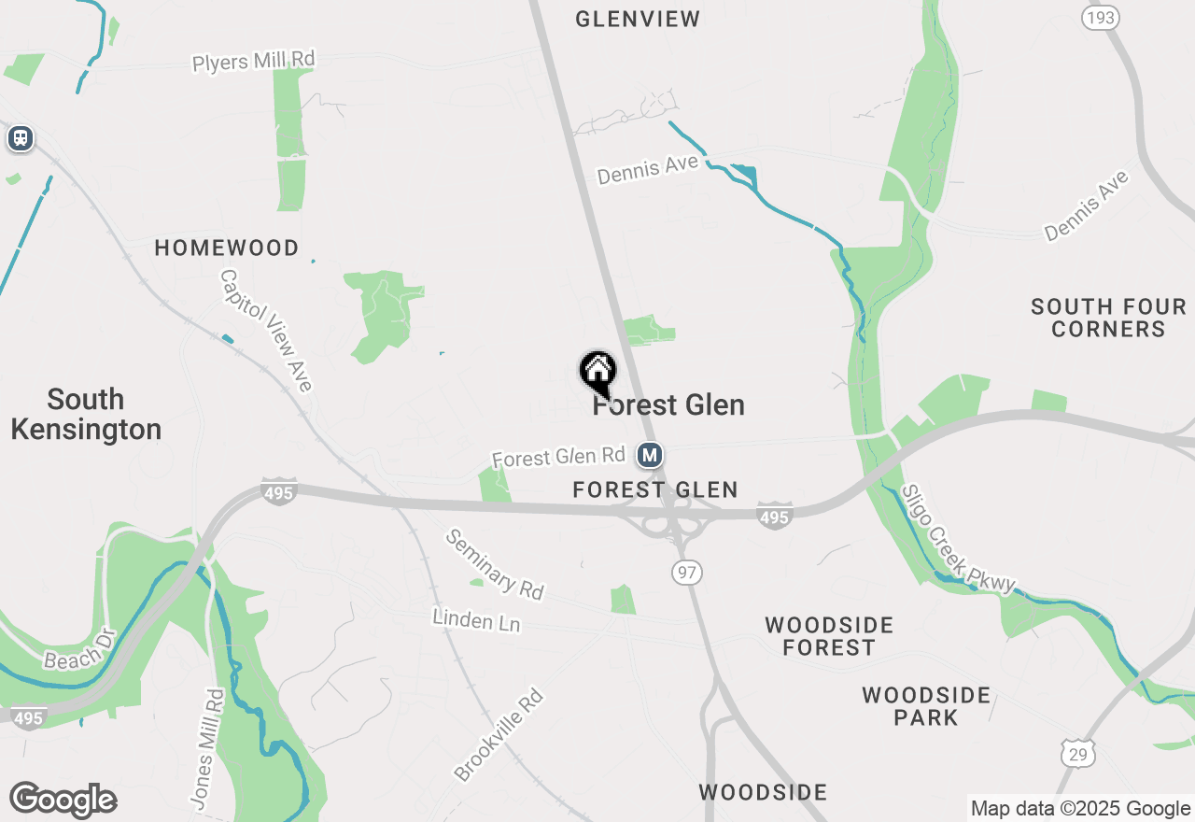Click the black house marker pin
(597, 371)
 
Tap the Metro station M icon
(650, 456)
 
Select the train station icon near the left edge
(20, 139)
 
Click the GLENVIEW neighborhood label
(638, 19)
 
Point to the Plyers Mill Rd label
(254, 61)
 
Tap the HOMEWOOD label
(227, 248)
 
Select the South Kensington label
(86, 415)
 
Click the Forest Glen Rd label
(558, 457)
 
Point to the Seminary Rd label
(494, 564)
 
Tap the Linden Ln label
(476, 619)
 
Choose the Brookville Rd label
(499, 735)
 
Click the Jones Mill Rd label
(207, 748)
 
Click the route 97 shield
(687, 573)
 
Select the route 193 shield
(1101, 18)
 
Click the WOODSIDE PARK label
(926, 706)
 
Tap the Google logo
(63, 801)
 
